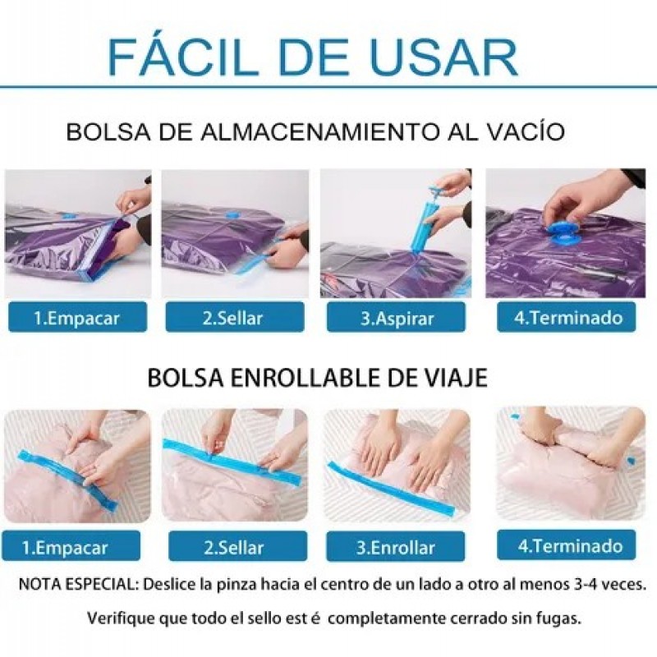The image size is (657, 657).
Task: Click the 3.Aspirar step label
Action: pos(397,318)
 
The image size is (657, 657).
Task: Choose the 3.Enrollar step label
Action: pos(396,547)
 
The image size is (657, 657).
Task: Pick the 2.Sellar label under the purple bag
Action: pos(235,318)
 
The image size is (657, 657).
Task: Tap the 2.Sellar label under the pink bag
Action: pos(237,547)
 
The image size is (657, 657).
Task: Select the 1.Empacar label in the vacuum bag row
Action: pos(77,318)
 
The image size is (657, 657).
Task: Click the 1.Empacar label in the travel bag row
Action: pos(71,546)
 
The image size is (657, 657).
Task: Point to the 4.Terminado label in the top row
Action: pos(567,317)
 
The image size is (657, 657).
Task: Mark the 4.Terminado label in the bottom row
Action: pos(567,545)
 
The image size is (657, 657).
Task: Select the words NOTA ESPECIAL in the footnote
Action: pos(78,584)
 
